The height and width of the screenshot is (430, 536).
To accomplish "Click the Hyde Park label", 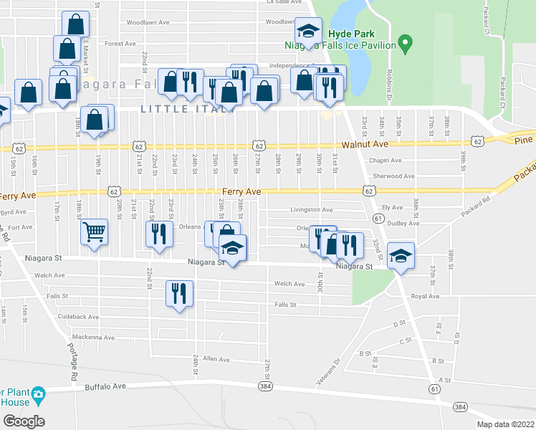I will pyautogui.click(x=348, y=34).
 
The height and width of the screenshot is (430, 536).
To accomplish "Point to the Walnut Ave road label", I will pyautogui.click(x=360, y=145).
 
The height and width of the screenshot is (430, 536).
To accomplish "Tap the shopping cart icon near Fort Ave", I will pyautogui.click(x=95, y=232).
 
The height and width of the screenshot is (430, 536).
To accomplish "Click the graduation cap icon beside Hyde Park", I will pyautogui.click(x=308, y=30).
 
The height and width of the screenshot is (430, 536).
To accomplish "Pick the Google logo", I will pyautogui.click(x=23, y=421).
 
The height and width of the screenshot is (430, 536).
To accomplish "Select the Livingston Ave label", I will pyautogui.click(x=311, y=210).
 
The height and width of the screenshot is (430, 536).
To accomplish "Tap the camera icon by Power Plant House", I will pyautogui.click(x=37, y=394).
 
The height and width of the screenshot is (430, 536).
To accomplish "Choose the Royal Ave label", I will pyautogui.click(x=424, y=295).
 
